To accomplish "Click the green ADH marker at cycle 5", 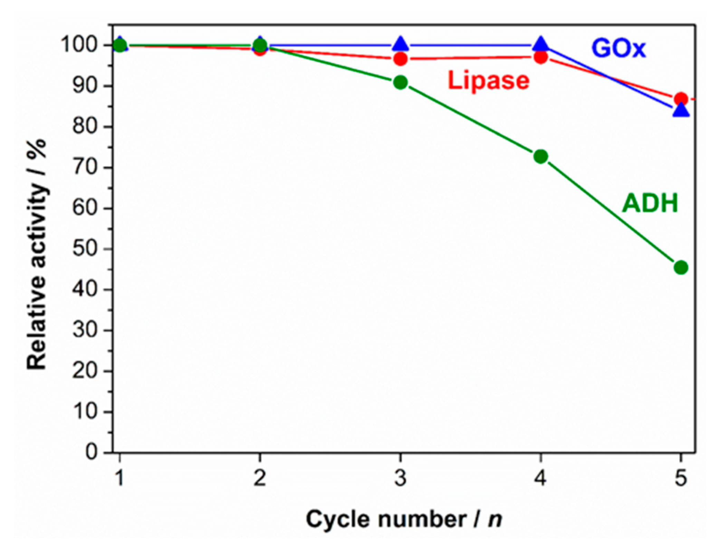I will [681, 267].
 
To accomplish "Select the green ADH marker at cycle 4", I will [540, 156].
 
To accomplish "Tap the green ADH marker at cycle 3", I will [400, 82].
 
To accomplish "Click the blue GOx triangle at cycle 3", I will [400, 44].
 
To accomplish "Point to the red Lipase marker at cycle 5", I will [681, 99].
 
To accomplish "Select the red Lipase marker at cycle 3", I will [400, 59].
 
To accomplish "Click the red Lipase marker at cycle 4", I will [540, 57].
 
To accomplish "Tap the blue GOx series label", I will [618, 48].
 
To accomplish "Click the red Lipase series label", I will [488, 80].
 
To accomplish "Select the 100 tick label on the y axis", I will [79, 45].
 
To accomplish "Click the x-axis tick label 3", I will [400, 479].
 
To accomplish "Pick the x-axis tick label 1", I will [119, 479].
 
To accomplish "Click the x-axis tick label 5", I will [681, 479].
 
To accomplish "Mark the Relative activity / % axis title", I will [37, 255].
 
